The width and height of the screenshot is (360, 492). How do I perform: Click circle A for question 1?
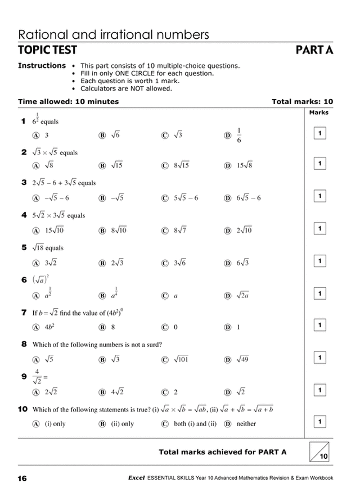click(x=35, y=136)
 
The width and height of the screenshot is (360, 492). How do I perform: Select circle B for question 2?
click(x=102, y=166)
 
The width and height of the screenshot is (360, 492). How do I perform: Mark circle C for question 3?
click(x=165, y=198)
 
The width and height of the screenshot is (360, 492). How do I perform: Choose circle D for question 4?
click(x=228, y=230)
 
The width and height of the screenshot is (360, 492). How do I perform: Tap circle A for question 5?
click(x=35, y=263)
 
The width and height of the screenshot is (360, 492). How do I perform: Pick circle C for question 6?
click(x=165, y=295)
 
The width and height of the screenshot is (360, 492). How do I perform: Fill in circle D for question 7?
click(x=228, y=327)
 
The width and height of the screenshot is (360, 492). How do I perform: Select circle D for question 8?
click(x=228, y=359)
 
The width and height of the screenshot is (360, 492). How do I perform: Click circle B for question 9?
click(x=102, y=392)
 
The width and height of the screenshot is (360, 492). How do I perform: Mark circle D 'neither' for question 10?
click(x=228, y=423)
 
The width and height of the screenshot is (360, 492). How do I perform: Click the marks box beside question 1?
click(x=319, y=133)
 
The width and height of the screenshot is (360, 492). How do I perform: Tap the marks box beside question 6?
click(x=319, y=293)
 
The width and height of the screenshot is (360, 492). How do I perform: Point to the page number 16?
click(x=22, y=479)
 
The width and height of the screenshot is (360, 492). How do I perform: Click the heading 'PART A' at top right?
click(x=314, y=51)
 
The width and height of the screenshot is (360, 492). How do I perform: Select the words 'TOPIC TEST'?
click(x=47, y=51)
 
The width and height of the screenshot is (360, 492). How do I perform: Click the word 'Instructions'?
click(x=42, y=66)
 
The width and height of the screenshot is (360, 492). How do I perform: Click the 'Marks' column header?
click(x=319, y=112)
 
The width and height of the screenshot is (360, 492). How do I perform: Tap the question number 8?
click(x=24, y=344)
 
